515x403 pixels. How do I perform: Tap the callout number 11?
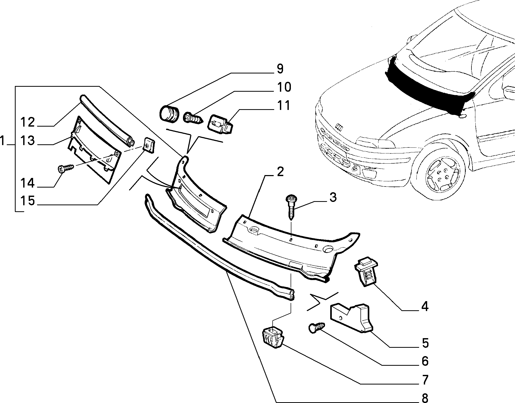(x=284, y=106)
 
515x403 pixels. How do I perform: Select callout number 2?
(x=280, y=172)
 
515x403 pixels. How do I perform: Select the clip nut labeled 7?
(x=272, y=338)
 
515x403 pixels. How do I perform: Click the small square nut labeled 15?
(x=149, y=145)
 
